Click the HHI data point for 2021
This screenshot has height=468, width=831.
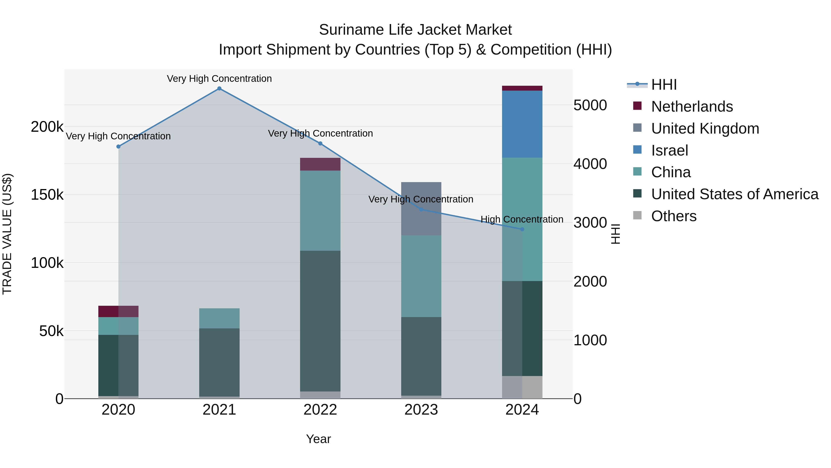click(219, 89)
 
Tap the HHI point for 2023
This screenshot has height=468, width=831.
click(421, 210)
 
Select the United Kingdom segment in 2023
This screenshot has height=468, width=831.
click(421, 209)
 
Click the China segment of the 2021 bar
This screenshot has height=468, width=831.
click(219, 318)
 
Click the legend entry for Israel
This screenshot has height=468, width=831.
click(669, 150)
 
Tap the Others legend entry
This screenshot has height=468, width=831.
click(674, 216)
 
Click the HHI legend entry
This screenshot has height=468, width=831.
click(664, 85)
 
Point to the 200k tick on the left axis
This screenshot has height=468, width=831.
click(47, 127)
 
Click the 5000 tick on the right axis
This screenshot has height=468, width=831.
click(590, 105)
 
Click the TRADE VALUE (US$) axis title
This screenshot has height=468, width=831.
click(7, 234)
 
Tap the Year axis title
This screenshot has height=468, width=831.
click(318, 439)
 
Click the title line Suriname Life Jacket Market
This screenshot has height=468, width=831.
click(415, 30)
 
